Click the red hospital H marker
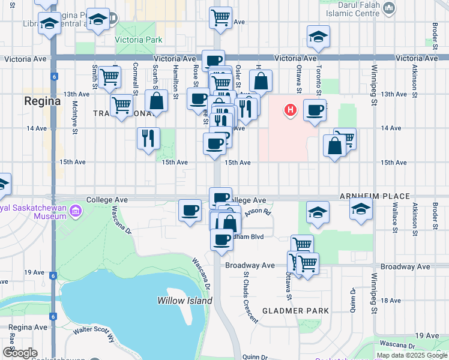291,110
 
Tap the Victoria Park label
139,41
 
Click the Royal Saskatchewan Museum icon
76,211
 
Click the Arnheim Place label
375,196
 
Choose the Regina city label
42,101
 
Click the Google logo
20,353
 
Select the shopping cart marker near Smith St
110,77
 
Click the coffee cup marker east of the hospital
315,110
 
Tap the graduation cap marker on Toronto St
318,37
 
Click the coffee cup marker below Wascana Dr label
190,210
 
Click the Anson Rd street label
258,211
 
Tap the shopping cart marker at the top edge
220,17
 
